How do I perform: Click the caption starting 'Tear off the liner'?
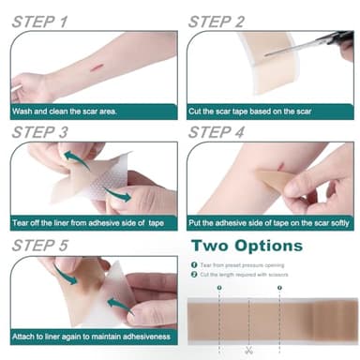click(x=89, y=222)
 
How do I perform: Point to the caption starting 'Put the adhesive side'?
click(x=268, y=222)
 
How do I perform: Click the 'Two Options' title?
click(x=247, y=247)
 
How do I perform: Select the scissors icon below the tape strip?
click(x=248, y=351)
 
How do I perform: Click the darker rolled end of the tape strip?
click(x=337, y=319)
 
